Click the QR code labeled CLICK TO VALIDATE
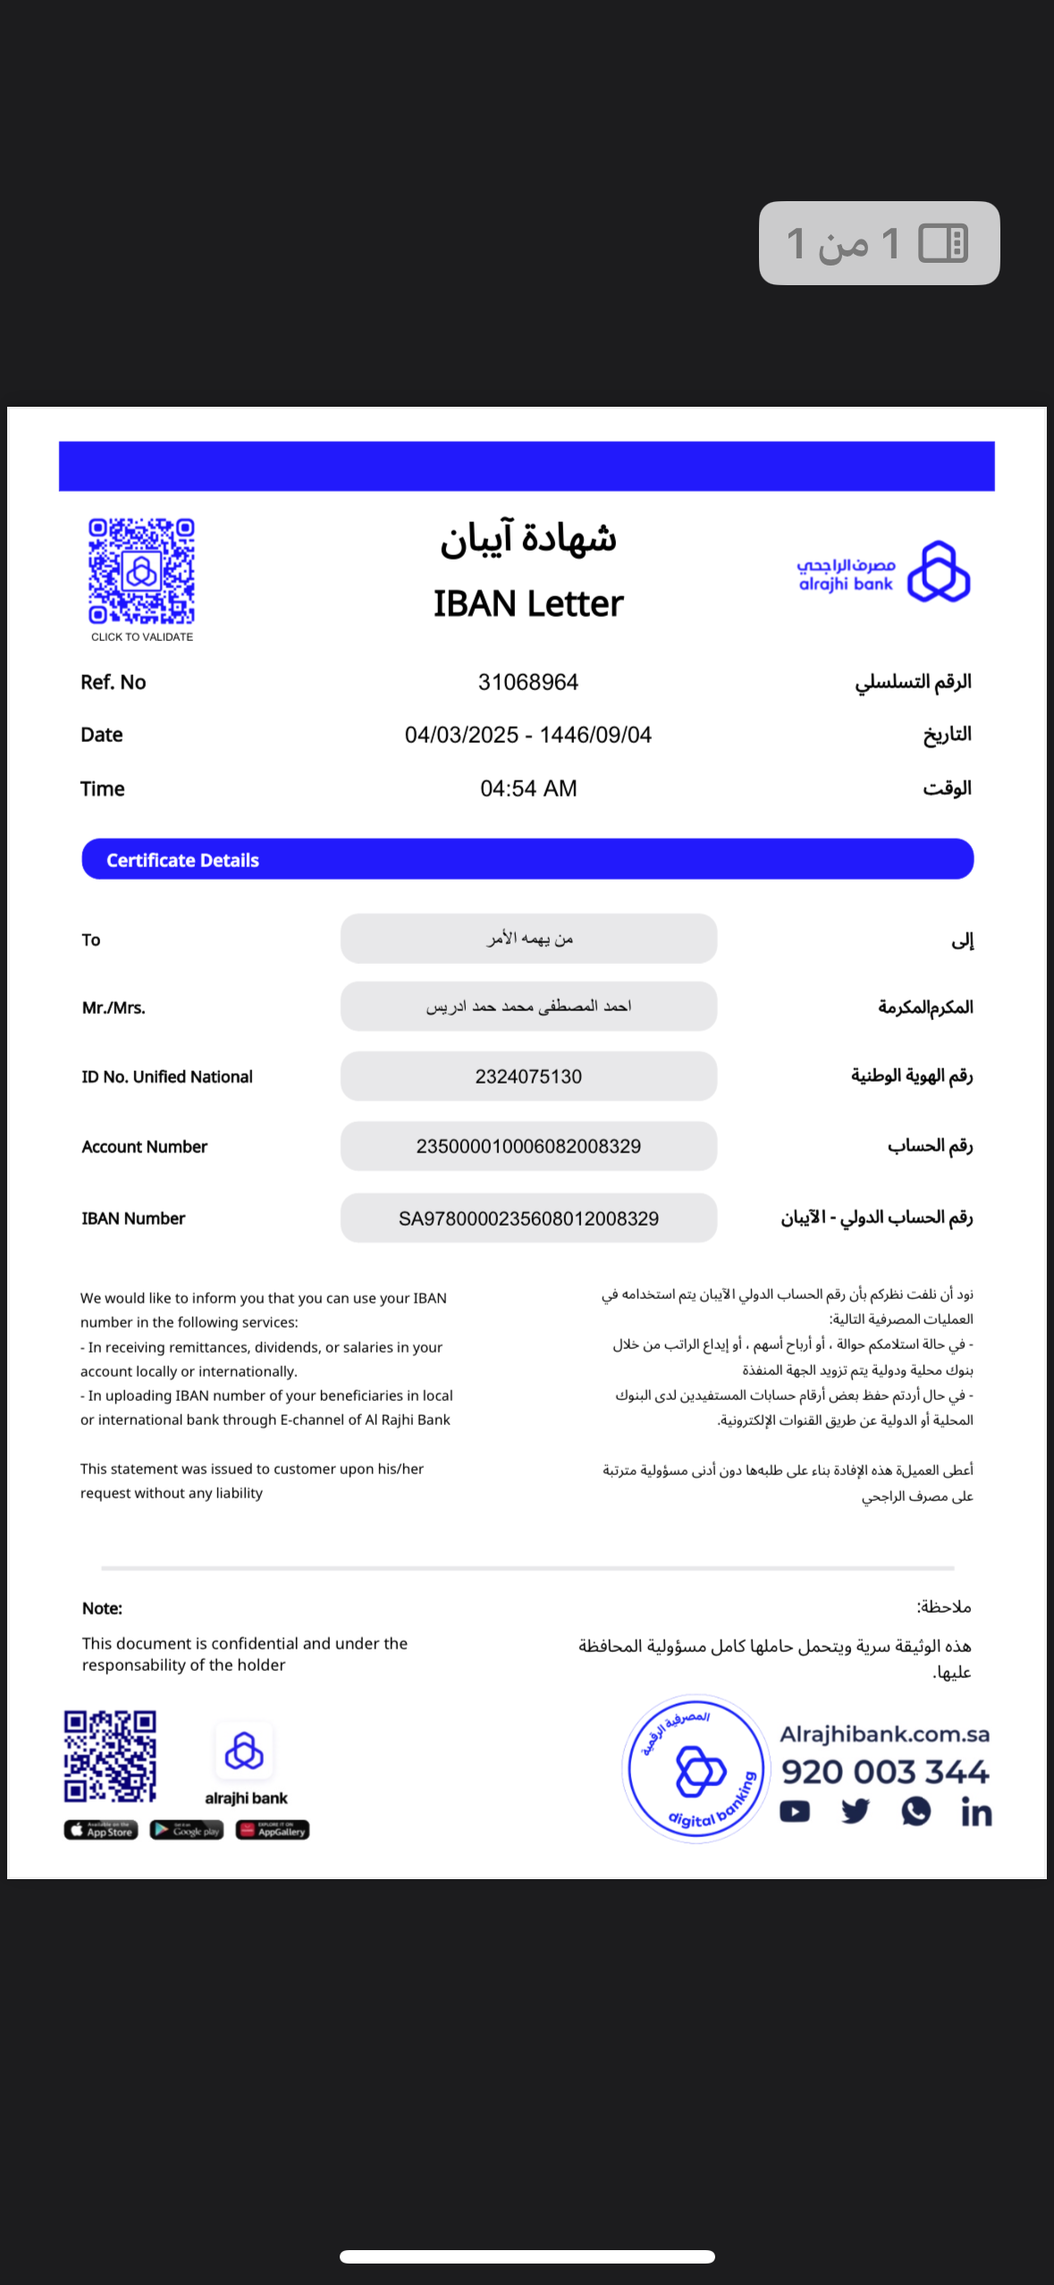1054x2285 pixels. pos(141,571)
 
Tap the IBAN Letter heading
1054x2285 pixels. pos(527,604)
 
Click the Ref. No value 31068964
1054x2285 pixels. pos(527,682)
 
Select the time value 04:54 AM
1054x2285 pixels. pos(527,788)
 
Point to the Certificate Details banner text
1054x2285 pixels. pos(182,860)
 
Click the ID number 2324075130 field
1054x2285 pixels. pos(527,1076)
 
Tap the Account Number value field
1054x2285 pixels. pos(527,1146)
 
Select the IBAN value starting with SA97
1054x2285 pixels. pos(527,1218)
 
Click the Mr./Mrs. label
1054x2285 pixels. pos(114,1008)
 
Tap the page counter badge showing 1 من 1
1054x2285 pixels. pos(879,243)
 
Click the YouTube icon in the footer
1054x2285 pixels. pos(795,1811)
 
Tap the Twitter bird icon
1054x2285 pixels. pos(856,1811)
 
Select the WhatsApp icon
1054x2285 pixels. pos(916,1811)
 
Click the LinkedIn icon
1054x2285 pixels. pos(976,1812)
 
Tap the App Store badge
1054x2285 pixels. pos(101,1830)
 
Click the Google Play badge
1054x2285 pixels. pos(186,1830)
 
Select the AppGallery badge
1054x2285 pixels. pos(273,1830)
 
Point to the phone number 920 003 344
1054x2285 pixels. pos(885,1772)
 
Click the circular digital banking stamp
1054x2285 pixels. pos(696,1768)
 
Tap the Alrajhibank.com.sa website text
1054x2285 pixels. pos(884,1734)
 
